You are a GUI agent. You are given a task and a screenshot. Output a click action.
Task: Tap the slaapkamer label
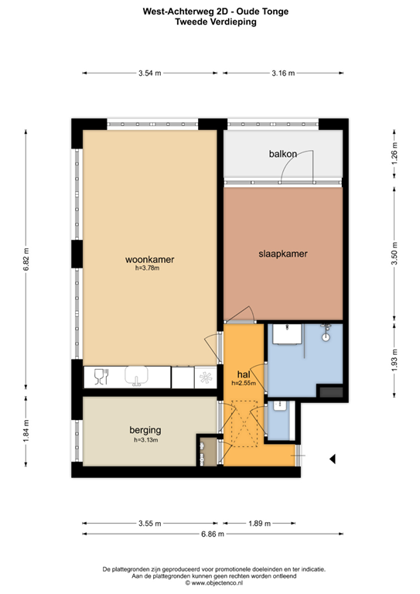pos(283,253)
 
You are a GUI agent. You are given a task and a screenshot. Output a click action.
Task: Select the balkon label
pos(282,154)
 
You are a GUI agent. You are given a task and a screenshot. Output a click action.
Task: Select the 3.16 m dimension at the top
pos(283,73)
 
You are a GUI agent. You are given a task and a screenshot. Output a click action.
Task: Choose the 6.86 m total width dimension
pos(212,534)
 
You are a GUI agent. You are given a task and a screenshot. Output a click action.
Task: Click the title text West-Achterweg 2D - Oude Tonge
pos(210,12)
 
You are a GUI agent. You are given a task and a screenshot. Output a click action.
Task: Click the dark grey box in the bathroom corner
pos(331,392)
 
